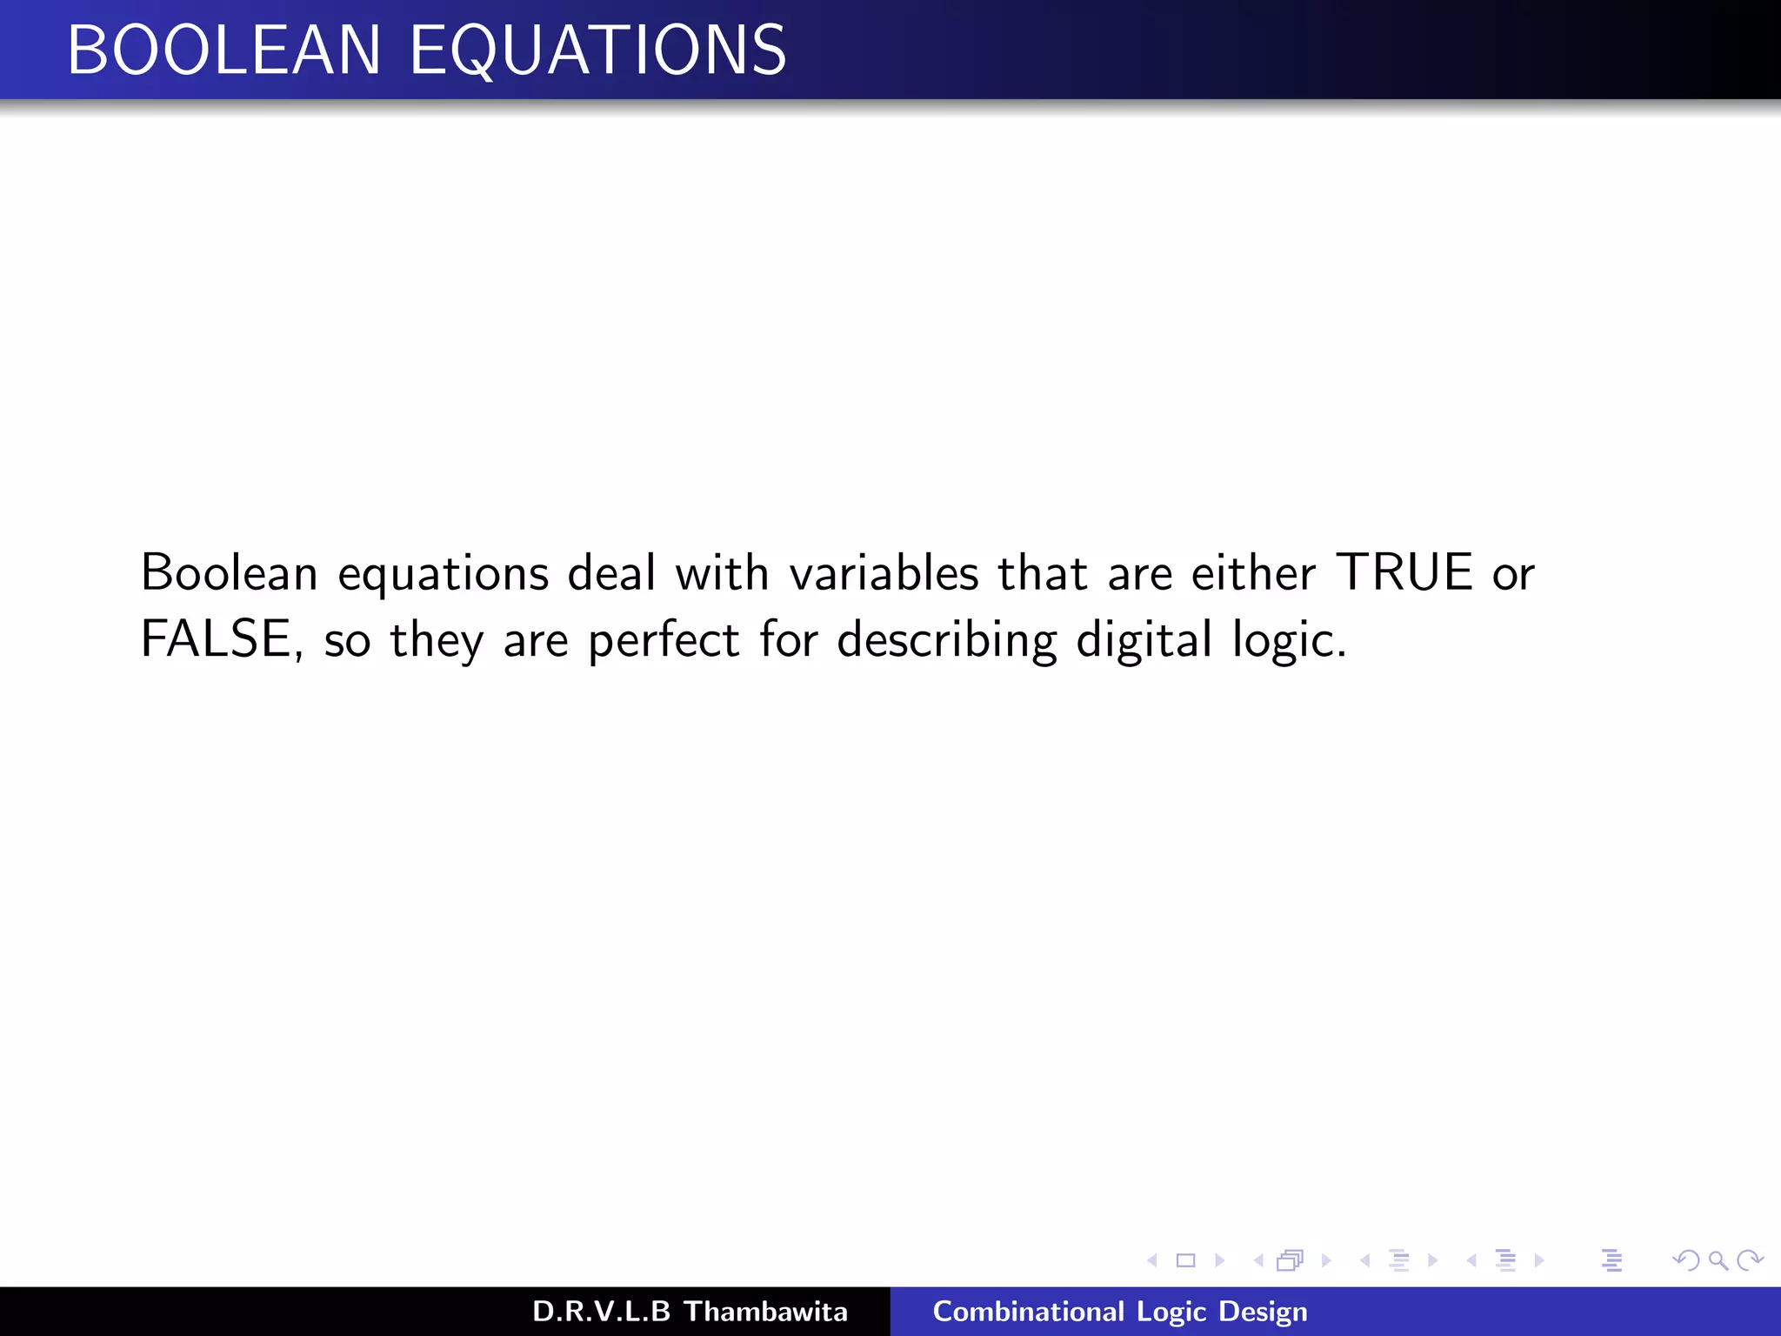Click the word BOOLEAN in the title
(223, 50)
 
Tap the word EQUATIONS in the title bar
(598, 50)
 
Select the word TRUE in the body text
(1404, 572)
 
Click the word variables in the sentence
(884, 572)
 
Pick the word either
(1253, 572)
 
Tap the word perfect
(664, 641)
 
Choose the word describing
(947, 641)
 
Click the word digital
(1144, 641)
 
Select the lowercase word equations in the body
(444, 574)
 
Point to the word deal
(611, 572)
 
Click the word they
(437, 641)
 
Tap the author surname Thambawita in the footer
(765, 1312)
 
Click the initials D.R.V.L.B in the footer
(601, 1312)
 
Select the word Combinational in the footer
(1028, 1312)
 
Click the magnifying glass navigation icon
(1718, 1260)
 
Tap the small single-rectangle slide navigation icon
(1185, 1260)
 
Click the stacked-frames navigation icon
(1291, 1260)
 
